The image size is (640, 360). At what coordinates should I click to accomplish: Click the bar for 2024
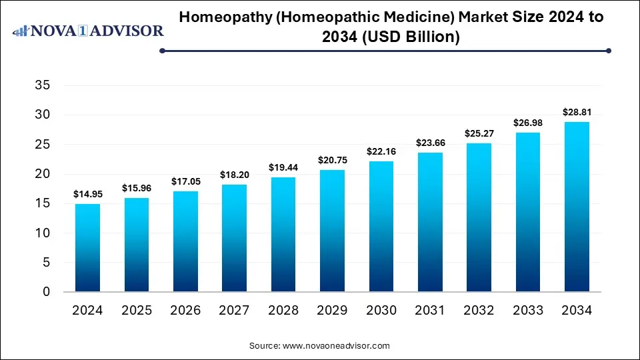click(x=87, y=248)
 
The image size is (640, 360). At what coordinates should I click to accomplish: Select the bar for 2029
click(x=332, y=231)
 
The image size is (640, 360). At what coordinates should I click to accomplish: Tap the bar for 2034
click(x=577, y=207)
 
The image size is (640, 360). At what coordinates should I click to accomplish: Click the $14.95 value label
click(x=87, y=195)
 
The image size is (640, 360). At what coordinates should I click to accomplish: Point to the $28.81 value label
click(x=577, y=113)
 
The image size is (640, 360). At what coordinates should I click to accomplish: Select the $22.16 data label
click(x=381, y=152)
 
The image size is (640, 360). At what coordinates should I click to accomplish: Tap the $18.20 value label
click(x=234, y=175)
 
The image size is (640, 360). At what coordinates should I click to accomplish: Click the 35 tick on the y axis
click(x=42, y=85)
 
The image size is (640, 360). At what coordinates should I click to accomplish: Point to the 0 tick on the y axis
click(x=46, y=292)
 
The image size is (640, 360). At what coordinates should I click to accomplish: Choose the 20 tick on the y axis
click(x=42, y=174)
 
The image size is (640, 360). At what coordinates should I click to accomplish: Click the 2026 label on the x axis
click(x=185, y=311)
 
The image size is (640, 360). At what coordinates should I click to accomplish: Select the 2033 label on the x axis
click(x=528, y=311)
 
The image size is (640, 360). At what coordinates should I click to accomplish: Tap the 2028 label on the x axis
click(x=283, y=311)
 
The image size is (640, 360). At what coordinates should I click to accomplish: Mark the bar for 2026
click(x=185, y=241)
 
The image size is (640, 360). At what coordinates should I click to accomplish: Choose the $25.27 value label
click(x=479, y=134)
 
